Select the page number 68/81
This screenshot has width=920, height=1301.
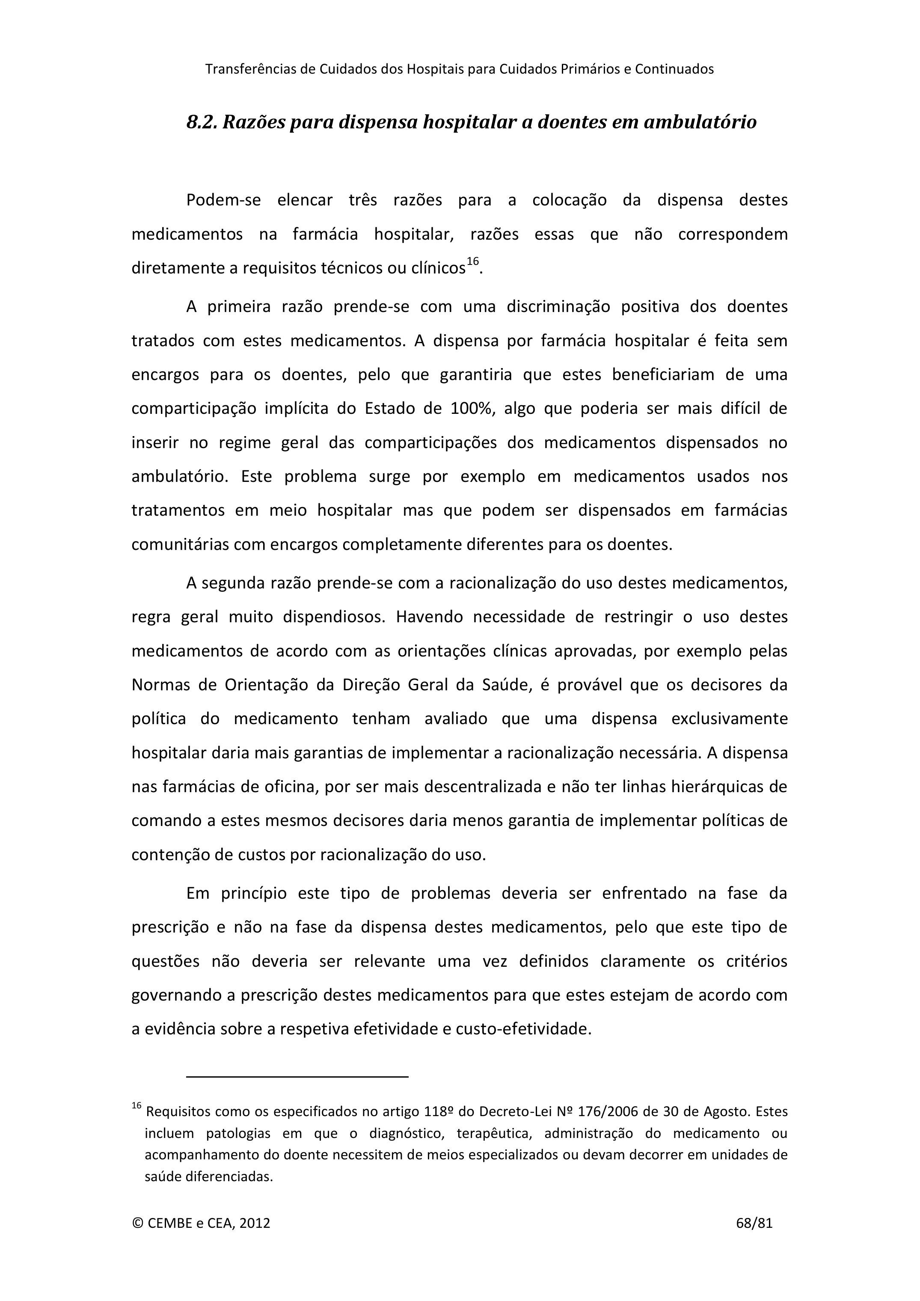click(754, 1223)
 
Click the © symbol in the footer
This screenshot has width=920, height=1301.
click(137, 1223)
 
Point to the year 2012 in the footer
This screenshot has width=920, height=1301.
click(254, 1223)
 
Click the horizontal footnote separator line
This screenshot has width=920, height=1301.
click(297, 1075)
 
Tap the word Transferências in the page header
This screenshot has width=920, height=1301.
click(250, 69)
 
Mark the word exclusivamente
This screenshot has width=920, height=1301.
click(729, 719)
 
